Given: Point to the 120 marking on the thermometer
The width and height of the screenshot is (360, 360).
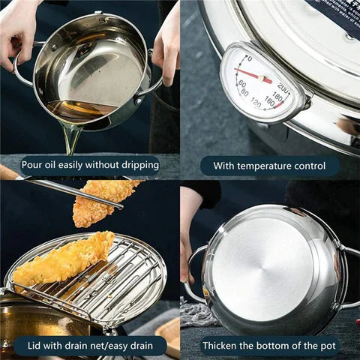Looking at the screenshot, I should (x=257, y=102).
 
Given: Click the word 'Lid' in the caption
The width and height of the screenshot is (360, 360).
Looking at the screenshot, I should (x=31, y=346).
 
